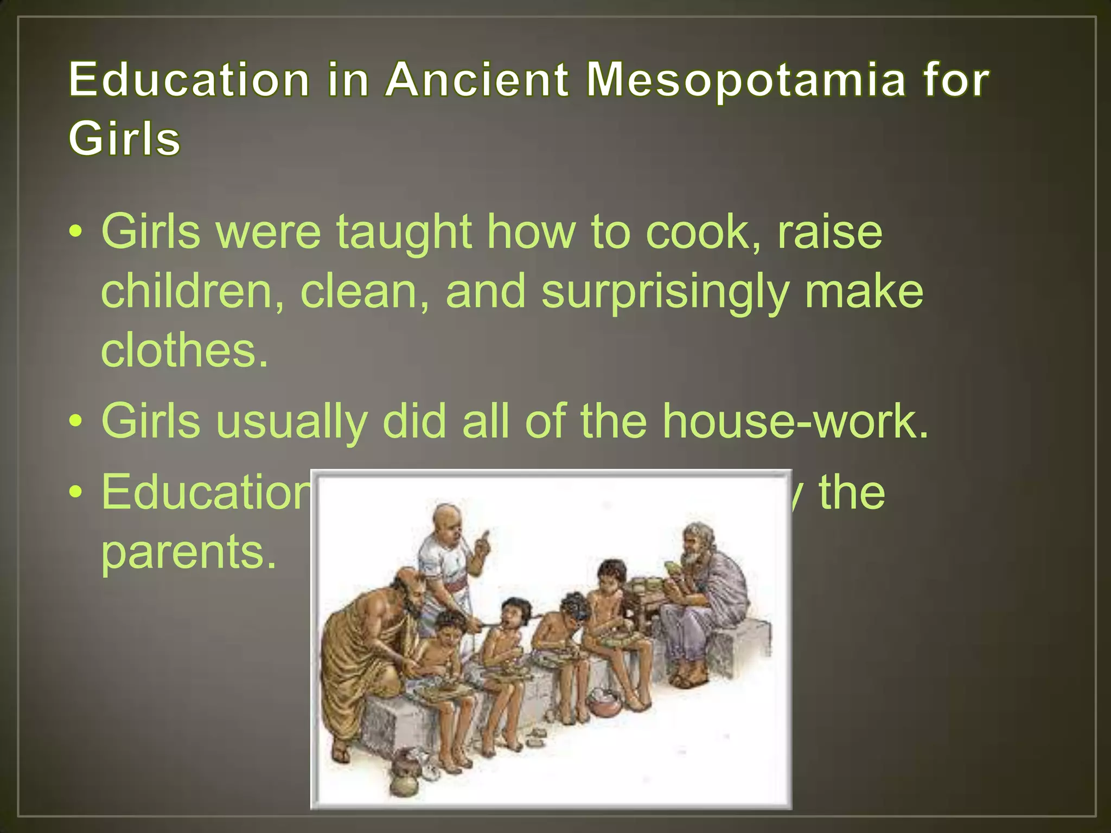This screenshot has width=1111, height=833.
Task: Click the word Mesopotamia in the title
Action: click(746, 80)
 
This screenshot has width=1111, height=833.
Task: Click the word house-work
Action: click(795, 421)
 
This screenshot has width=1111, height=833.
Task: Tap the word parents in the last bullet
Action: click(188, 552)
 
